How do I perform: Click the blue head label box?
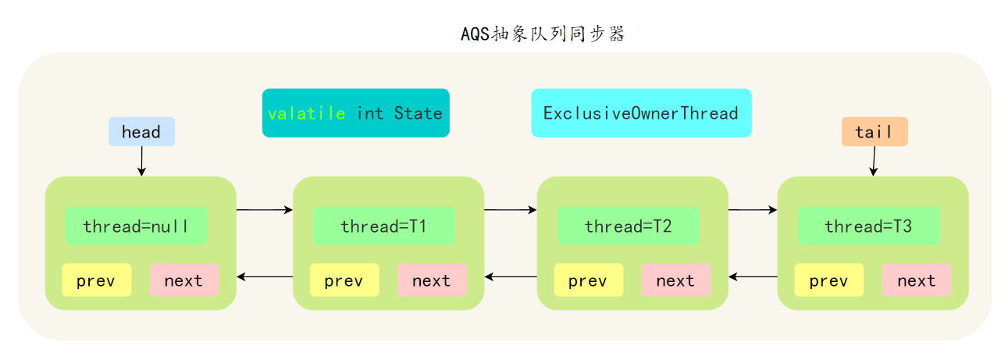tap(141, 132)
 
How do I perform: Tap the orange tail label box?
tap(874, 132)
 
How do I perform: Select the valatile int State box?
tap(355, 113)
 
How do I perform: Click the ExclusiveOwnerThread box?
tap(640, 113)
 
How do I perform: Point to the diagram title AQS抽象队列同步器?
tap(543, 34)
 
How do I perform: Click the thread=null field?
tap(136, 226)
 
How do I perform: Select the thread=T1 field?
tap(383, 226)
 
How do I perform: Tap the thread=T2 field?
tap(628, 226)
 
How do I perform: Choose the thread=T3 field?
tap(868, 226)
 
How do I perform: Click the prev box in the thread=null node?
tap(96, 280)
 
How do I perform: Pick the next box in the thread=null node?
tap(183, 280)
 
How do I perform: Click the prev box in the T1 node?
tap(344, 280)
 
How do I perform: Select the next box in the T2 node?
tap(675, 280)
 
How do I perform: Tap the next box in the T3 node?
tap(916, 280)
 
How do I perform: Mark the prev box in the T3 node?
tap(828, 280)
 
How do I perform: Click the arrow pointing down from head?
tap(141, 161)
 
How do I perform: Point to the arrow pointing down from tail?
tap(874, 161)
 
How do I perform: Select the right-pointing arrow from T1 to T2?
tap(510, 210)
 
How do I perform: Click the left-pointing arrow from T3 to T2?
tap(753, 276)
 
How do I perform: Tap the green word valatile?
tap(306, 113)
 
